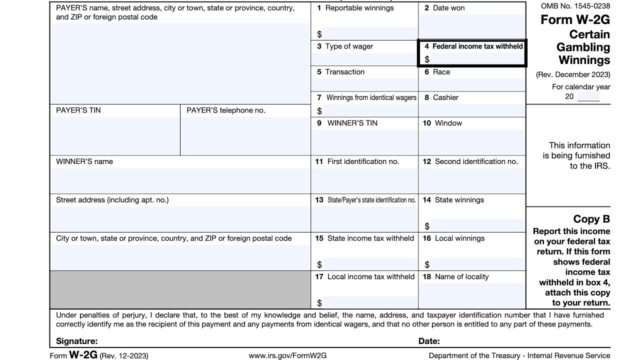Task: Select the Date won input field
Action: (x=471, y=27)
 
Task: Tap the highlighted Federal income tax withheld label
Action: (x=477, y=46)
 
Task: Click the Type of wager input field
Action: (x=364, y=59)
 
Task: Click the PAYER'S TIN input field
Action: (x=114, y=135)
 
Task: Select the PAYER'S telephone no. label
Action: (x=225, y=110)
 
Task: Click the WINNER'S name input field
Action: (x=180, y=180)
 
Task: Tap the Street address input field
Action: (x=180, y=219)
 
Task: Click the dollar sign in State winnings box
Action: (x=427, y=226)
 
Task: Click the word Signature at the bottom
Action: (x=76, y=341)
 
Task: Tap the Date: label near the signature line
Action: (x=429, y=341)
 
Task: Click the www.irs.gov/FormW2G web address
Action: (x=287, y=355)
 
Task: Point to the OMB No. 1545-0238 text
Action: (x=575, y=6)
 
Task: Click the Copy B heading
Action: (x=591, y=219)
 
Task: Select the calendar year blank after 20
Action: (x=588, y=96)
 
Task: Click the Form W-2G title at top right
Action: (x=575, y=20)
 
